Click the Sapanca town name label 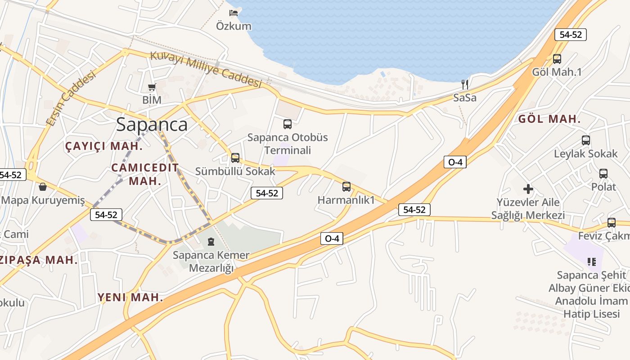tap(152, 124)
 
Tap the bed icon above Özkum tap(234, 13)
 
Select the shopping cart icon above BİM tap(152, 87)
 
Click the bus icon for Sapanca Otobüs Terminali tap(287, 124)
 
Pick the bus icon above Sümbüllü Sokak tap(235, 157)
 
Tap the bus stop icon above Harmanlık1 tap(346, 186)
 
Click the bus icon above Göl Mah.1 tap(557, 58)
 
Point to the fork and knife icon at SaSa tap(465, 84)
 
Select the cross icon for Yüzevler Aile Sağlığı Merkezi tap(528, 189)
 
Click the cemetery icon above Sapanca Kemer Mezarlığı tap(211, 242)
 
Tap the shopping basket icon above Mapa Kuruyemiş tap(43, 186)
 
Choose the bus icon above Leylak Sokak tap(585, 140)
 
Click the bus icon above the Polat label tap(603, 173)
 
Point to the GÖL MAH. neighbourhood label tap(549, 119)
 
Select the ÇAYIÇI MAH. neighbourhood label tap(104, 146)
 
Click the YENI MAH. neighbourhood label tap(130, 297)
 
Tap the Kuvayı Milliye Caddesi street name tap(206, 69)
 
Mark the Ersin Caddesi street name tap(71, 98)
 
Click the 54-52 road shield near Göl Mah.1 tap(570, 35)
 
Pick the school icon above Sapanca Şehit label tap(591, 261)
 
